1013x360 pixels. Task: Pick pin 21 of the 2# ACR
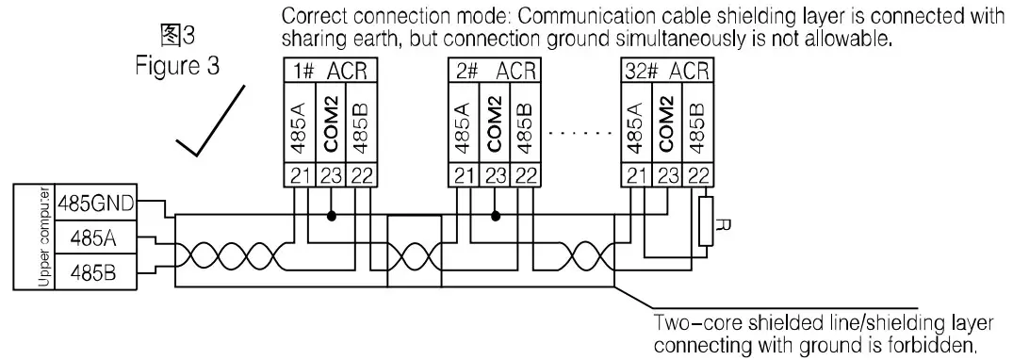(461, 174)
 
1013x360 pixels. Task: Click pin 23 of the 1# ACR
(331, 174)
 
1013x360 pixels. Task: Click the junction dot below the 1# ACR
(332, 215)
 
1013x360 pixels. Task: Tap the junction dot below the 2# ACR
(496, 215)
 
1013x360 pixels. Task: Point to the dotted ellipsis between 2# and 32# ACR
(580, 133)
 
